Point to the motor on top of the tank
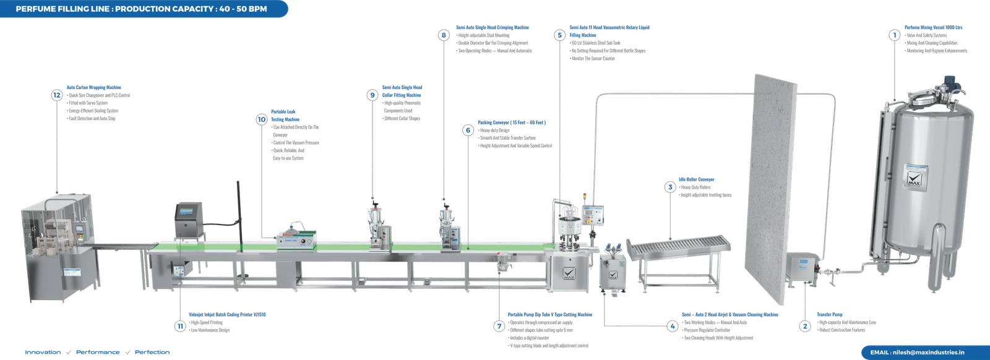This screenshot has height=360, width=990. point(948,82)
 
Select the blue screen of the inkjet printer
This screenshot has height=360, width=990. point(186,212)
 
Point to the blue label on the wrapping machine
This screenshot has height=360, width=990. point(73,270)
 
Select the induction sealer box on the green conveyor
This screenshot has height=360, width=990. point(296,240)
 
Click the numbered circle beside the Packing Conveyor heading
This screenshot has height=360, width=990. point(468,130)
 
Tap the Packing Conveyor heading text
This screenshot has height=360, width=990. point(511,122)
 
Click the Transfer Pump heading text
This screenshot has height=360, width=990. point(830,315)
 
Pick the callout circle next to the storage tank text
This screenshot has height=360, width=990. point(893,35)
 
